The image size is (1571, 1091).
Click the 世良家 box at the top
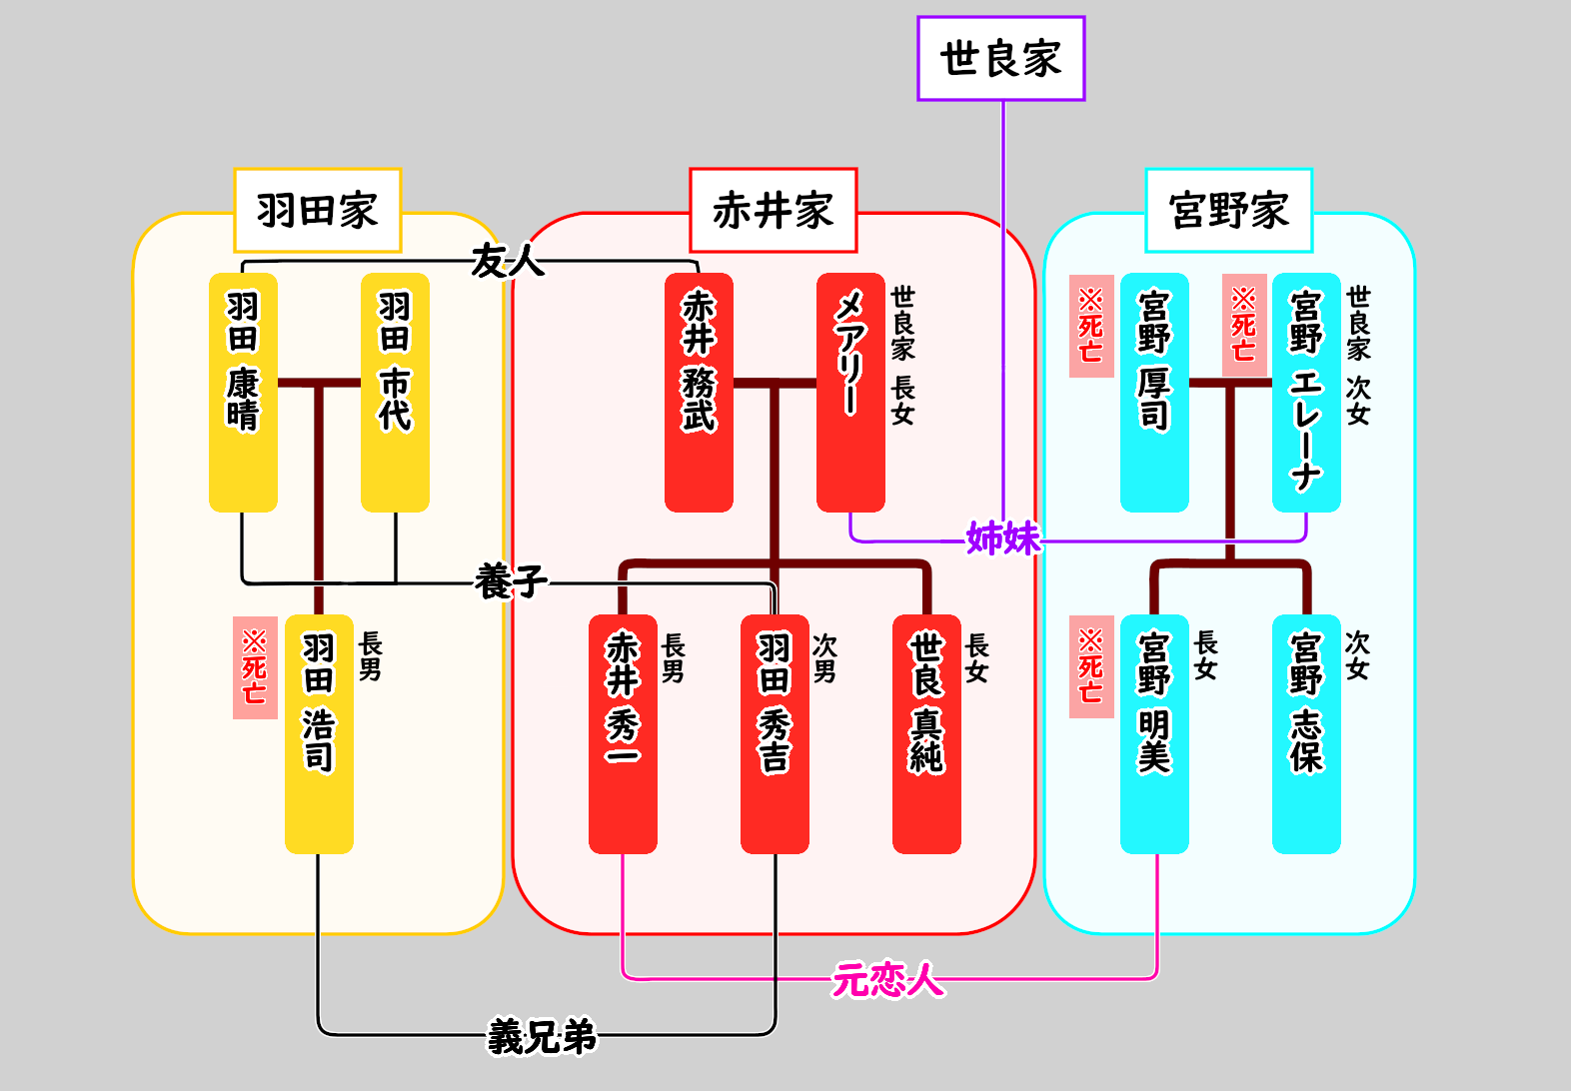(x=1000, y=59)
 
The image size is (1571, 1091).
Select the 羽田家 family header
(x=318, y=211)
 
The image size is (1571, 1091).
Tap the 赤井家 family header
(x=774, y=211)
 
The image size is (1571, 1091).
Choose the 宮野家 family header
(x=1228, y=211)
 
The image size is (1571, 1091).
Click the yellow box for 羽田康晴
(x=243, y=393)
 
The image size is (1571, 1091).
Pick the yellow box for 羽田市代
(x=395, y=393)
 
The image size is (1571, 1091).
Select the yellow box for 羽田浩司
(x=319, y=734)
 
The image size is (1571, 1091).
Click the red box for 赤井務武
(x=699, y=393)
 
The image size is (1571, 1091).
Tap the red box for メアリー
(x=850, y=393)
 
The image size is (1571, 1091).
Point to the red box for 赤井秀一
(x=623, y=734)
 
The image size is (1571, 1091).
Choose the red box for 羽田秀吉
(x=775, y=734)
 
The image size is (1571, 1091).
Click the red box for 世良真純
(x=926, y=734)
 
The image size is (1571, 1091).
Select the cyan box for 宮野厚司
(x=1154, y=393)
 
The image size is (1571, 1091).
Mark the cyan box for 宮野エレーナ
(x=1306, y=393)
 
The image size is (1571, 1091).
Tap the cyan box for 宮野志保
(x=1306, y=734)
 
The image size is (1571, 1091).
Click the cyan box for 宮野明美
(x=1154, y=734)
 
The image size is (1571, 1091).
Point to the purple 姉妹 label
(x=1003, y=539)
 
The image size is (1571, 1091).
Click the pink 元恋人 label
(x=888, y=980)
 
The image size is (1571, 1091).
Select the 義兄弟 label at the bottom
(x=542, y=1037)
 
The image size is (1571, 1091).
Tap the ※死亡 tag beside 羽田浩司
(x=255, y=667)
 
